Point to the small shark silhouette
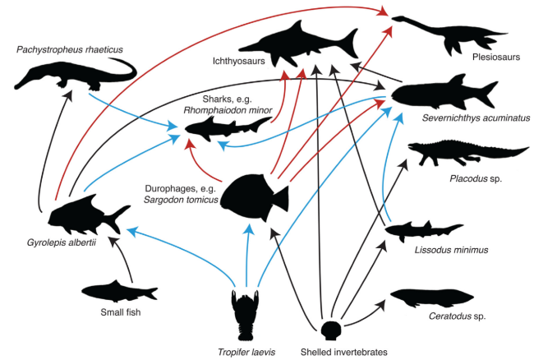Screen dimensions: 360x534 (x=226, y=127)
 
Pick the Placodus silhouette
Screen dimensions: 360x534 (x=460, y=151)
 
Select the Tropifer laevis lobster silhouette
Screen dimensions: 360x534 (x=245, y=312)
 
